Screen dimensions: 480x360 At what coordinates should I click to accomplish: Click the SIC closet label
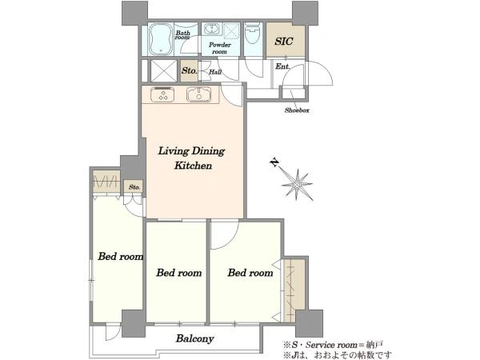pos(284,41)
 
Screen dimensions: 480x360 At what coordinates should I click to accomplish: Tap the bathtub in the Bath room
pos(161,39)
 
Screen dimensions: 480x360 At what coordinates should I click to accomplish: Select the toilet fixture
pos(253,34)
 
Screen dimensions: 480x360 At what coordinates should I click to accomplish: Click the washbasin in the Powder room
pos(211,29)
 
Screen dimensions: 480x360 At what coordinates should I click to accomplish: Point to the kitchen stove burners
pos(162,94)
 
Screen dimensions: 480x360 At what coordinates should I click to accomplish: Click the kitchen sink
pos(199,94)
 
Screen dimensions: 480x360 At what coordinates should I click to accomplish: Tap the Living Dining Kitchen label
pos(192,158)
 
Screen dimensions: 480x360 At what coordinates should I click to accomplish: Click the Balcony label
pos(194,338)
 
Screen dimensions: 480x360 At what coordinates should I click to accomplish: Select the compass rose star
pos(297,184)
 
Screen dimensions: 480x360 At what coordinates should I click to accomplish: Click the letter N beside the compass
pos(274,162)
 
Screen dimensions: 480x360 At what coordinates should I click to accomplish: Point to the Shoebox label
pos(297,110)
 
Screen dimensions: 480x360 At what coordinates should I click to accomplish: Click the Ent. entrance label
pos(282,66)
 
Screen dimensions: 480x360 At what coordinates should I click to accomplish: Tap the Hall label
pos(215,72)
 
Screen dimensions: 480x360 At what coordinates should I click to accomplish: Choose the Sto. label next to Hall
pos(189,70)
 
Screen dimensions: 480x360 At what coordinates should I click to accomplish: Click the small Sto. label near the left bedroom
pos(134,186)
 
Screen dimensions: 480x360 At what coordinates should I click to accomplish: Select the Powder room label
pos(219,48)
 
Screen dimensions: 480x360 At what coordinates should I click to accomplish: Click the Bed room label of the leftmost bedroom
pos(120,256)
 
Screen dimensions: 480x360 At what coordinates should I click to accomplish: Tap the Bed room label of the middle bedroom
pos(179,273)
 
